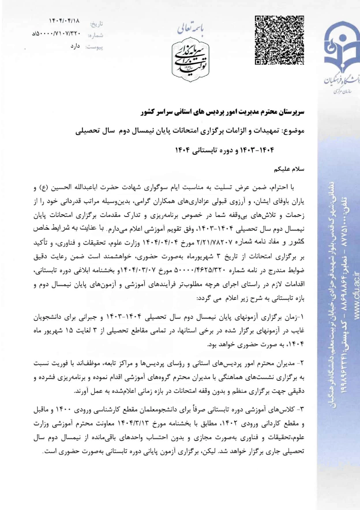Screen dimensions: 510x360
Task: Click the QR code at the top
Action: pyautogui.click(x=279, y=40)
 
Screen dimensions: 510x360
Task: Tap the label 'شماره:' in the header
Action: pyautogui.click(x=95, y=35)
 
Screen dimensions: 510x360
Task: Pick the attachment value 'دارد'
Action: pyautogui.click(x=75, y=46)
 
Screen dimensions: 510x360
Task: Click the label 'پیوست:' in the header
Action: pyautogui.click(x=94, y=47)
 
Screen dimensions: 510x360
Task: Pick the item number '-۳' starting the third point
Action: pyautogui.click(x=300, y=409)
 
